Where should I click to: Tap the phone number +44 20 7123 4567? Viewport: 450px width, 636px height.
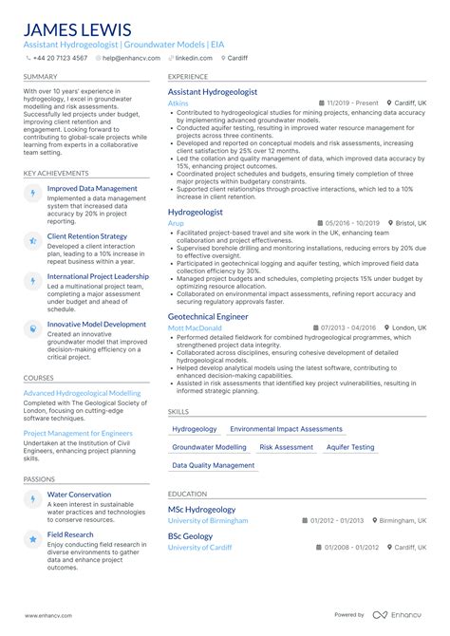[x=60, y=58]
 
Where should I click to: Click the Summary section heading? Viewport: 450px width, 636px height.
[x=40, y=76]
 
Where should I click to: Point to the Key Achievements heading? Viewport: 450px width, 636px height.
[x=57, y=173]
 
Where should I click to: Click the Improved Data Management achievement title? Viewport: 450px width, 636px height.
[x=92, y=189]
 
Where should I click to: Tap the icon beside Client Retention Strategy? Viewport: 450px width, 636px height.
[x=33, y=236]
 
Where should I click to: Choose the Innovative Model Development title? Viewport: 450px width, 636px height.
[x=97, y=324]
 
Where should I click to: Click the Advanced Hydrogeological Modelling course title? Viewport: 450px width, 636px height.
[x=82, y=392]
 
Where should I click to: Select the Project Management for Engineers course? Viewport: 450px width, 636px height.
[x=78, y=433]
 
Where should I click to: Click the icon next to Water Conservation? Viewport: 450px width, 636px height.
[x=33, y=496]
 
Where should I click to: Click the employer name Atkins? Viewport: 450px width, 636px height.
[x=178, y=103]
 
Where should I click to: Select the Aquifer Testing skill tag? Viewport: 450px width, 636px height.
[x=349, y=447]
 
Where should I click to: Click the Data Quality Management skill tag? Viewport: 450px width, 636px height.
[x=214, y=465]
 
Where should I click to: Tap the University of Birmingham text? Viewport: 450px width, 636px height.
[x=208, y=521]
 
